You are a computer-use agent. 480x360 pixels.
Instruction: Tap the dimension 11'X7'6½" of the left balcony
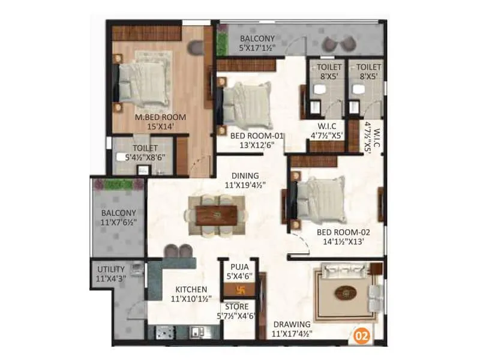coord(118,222)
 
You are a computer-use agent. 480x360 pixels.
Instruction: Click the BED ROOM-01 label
coord(257,136)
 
